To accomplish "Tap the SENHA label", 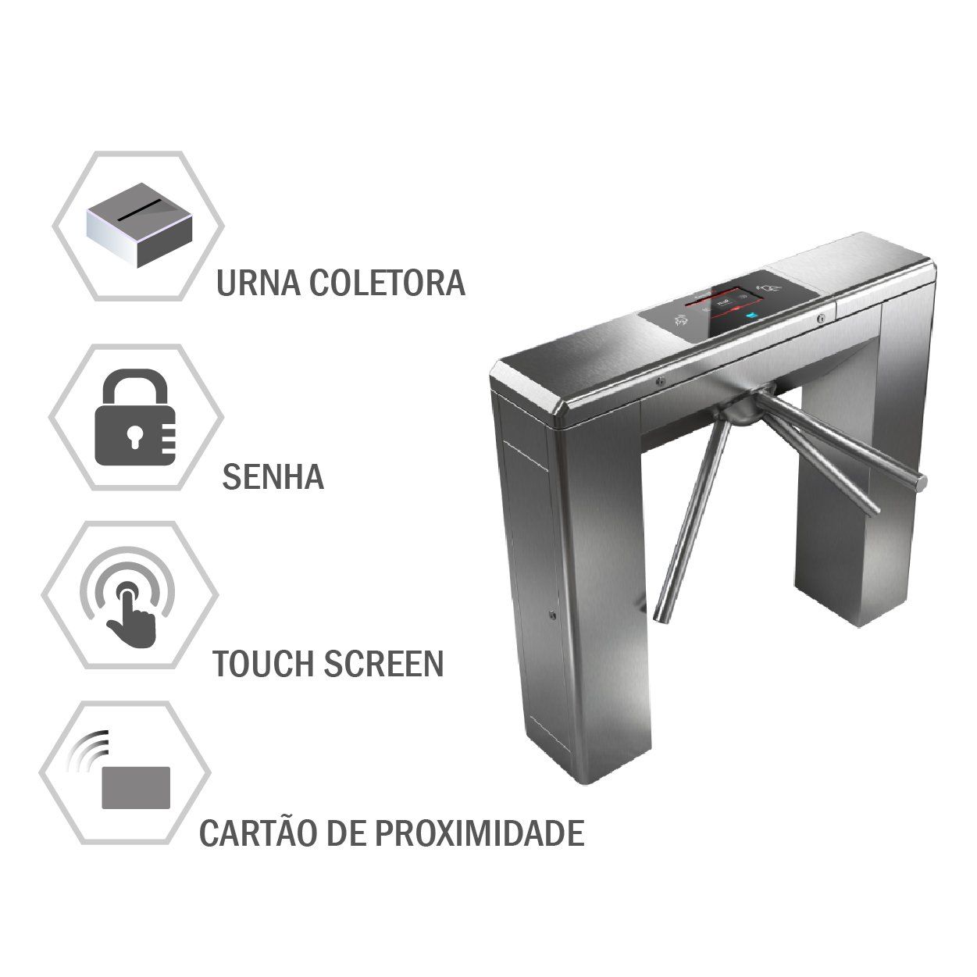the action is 273,476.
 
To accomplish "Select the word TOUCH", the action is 264,664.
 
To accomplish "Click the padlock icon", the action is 135,417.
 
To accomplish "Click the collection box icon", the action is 140,225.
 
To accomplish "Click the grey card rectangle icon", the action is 136,787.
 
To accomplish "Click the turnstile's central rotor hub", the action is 741,408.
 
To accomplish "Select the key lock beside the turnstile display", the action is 821,319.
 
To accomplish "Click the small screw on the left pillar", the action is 553,615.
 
